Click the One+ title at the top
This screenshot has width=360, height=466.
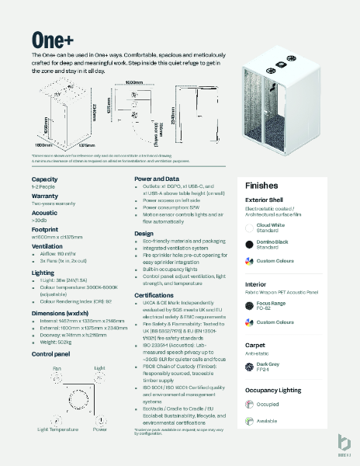(53, 40)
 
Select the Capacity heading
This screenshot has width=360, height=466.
(44, 179)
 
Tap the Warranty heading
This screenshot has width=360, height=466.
(46, 196)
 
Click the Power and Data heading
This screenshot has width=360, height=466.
(157, 179)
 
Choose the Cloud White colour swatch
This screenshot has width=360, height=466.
(248, 227)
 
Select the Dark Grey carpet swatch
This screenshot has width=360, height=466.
(248, 365)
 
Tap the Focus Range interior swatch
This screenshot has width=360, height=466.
(248, 304)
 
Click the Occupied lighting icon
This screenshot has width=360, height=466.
(248, 404)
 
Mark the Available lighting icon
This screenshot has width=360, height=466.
(248, 421)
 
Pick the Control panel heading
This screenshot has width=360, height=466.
(52, 353)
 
